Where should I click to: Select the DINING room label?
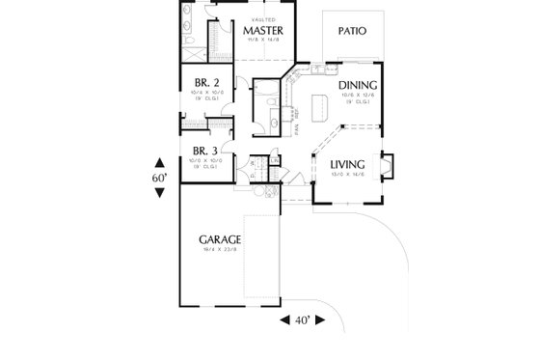coord(359,85)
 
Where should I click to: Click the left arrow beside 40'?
coord(285,319)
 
